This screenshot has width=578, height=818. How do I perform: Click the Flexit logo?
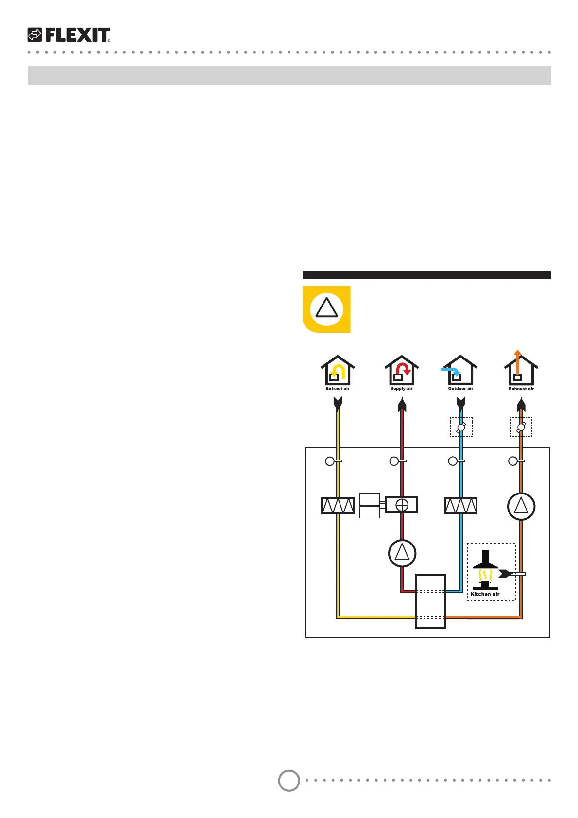[69, 35]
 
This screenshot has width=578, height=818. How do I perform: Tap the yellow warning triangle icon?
[326, 309]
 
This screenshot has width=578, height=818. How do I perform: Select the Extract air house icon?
[337, 370]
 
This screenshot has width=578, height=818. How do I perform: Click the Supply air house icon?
[402, 370]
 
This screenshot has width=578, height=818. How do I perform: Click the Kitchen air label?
[485, 594]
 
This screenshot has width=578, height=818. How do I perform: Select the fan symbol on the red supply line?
[402, 553]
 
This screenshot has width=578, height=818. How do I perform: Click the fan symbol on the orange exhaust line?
[521, 507]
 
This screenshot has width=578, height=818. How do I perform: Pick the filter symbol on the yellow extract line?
[338, 506]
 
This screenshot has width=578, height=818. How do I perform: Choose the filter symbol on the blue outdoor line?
[460, 506]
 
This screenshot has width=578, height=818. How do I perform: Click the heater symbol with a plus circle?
[401, 505]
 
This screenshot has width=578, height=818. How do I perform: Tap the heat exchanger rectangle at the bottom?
[430, 601]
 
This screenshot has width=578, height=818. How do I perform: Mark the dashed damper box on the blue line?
[461, 427]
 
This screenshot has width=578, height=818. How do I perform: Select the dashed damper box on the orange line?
[521, 427]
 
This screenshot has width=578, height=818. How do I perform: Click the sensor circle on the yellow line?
[330, 461]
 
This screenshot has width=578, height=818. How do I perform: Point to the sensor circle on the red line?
[394, 461]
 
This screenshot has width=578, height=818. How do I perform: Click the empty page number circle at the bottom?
[289, 781]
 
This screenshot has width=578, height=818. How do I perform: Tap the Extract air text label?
[338, 389]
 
